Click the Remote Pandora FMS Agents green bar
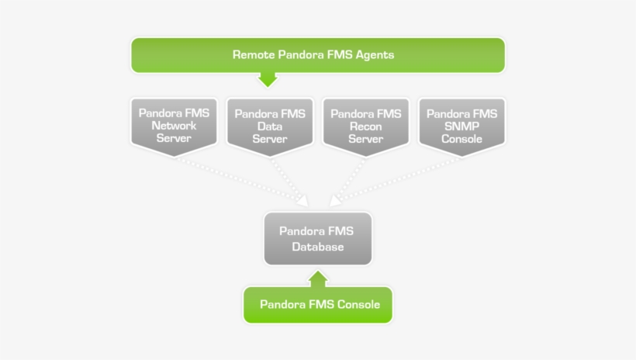tap(318, 55)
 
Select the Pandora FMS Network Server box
tap(174, 125)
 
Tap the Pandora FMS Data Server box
tap(270, 125)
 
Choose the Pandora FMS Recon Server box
tap(366, 125)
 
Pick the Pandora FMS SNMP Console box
tap(462, 125)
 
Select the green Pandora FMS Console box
tap(318, 304)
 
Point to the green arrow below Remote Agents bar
tap(268, 78)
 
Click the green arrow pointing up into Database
tap(318, 278)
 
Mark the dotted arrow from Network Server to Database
tap(240, 181)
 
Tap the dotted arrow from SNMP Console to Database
tap(396, 181)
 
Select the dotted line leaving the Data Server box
tap(287, 178)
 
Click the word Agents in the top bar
tap(372, 55)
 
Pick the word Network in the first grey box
tap(174, 126)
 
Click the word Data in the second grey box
tap(270, 126)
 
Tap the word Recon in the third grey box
tap(366, 126)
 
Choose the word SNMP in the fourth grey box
tap(462, 126)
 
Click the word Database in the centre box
tap(318, 247)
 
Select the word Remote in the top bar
tap(254, 55)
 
